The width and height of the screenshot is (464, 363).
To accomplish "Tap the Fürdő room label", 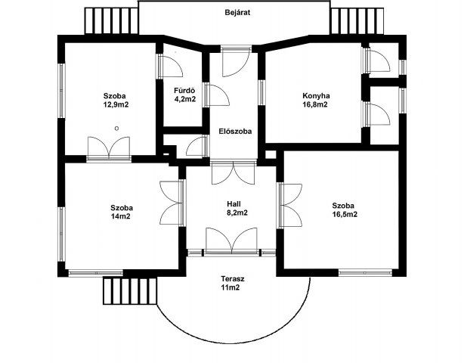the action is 184,91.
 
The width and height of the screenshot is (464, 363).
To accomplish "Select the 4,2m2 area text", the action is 185,99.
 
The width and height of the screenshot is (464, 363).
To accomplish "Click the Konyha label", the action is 316,96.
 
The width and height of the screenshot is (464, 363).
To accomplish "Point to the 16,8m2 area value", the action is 315,104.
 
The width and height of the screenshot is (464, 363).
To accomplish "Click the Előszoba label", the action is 235,131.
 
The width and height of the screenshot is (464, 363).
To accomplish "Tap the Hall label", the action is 234,204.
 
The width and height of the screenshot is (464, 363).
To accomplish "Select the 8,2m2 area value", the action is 237,213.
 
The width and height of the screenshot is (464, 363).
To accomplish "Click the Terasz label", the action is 233,279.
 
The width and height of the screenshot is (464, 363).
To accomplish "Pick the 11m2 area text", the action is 230,287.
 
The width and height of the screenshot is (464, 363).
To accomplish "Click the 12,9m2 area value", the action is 116,104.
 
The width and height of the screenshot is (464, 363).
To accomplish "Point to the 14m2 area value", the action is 120,216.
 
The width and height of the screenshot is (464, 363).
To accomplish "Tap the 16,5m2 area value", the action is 345,214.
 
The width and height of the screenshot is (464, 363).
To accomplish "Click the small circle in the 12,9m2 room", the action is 117,129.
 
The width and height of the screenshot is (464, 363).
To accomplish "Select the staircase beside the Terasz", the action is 130,290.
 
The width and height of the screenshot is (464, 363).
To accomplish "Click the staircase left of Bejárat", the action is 112,21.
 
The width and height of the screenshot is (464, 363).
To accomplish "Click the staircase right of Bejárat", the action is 357,21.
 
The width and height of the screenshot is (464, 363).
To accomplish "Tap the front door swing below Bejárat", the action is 236,60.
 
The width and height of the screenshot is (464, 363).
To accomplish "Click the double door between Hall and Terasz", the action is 232,240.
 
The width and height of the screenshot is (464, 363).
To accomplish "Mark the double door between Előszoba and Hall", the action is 234,172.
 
